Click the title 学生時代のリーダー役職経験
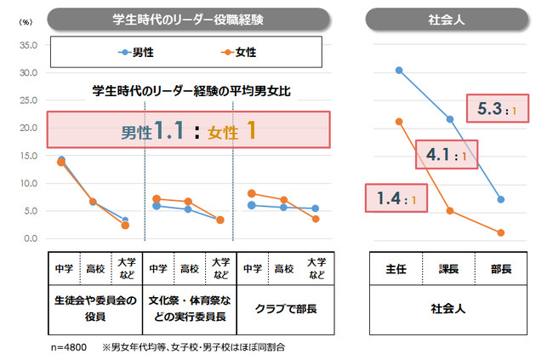pos(187,18)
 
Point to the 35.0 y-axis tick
pos(27,45)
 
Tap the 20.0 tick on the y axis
pos(27,128)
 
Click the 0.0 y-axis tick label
pos(30,238)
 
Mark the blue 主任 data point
pos(398,70)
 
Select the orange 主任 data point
pos(398,121)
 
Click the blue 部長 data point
pos(501,199)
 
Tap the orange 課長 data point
pos(449,210)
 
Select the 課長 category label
pos(449,269)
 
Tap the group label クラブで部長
pos(281,308)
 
